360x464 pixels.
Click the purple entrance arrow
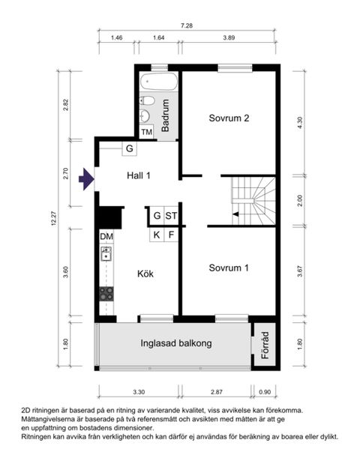(86, 178)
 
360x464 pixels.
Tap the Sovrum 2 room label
(229, 118)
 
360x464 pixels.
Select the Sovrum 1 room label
(229, 268)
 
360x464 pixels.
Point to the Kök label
(145, 274)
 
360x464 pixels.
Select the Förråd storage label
(264, 345)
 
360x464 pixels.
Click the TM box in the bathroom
(147, 133)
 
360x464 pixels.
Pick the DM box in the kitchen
(106, 237)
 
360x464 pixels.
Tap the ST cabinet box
(172, 217)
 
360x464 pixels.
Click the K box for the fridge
(157, 235)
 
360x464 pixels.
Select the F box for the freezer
(172, 235)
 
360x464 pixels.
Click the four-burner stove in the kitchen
(107, 293)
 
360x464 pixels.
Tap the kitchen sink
(106, 253)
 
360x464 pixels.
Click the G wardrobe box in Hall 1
(129, 149)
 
